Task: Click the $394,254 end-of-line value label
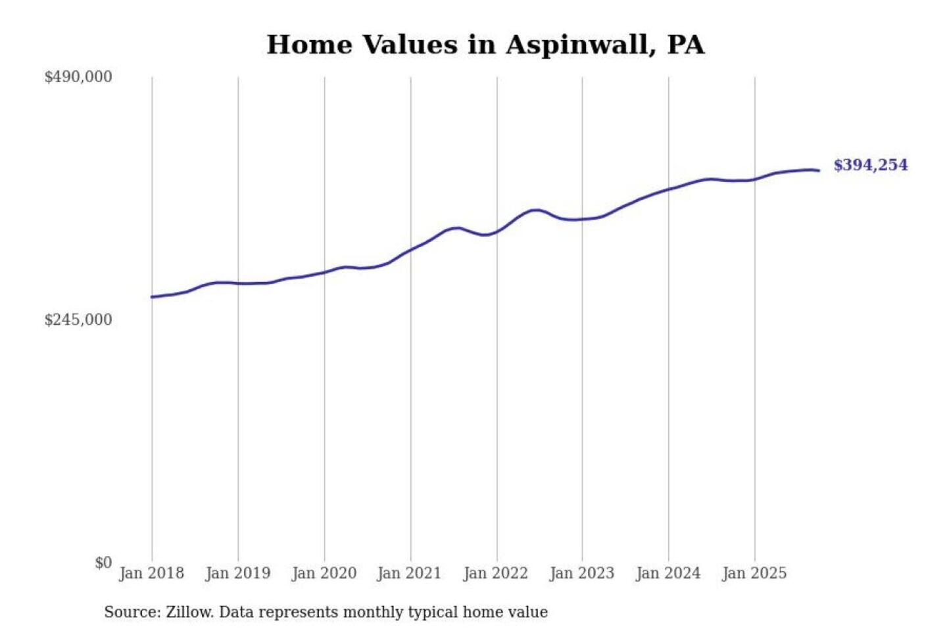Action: tap(870, 165)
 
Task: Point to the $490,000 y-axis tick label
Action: tap(78, 77)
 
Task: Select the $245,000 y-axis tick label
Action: tap(78, 320)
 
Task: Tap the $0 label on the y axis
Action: tap(103, 563)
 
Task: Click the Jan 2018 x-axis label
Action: tap(151, 573)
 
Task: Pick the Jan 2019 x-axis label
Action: tap(237, 573)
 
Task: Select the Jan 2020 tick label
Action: tap(324, 573)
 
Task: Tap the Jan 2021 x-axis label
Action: tap(409, 573)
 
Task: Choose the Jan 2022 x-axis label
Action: tap(495, 573)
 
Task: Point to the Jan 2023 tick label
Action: tap(581, 573)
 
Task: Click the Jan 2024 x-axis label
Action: tap(668, 573)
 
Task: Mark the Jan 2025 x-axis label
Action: tap(754, 573)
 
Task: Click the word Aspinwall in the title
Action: tap(580, 45)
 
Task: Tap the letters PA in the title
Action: tap(685, 45)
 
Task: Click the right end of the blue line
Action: tap(819, 171)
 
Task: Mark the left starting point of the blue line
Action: tap(152, 297)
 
